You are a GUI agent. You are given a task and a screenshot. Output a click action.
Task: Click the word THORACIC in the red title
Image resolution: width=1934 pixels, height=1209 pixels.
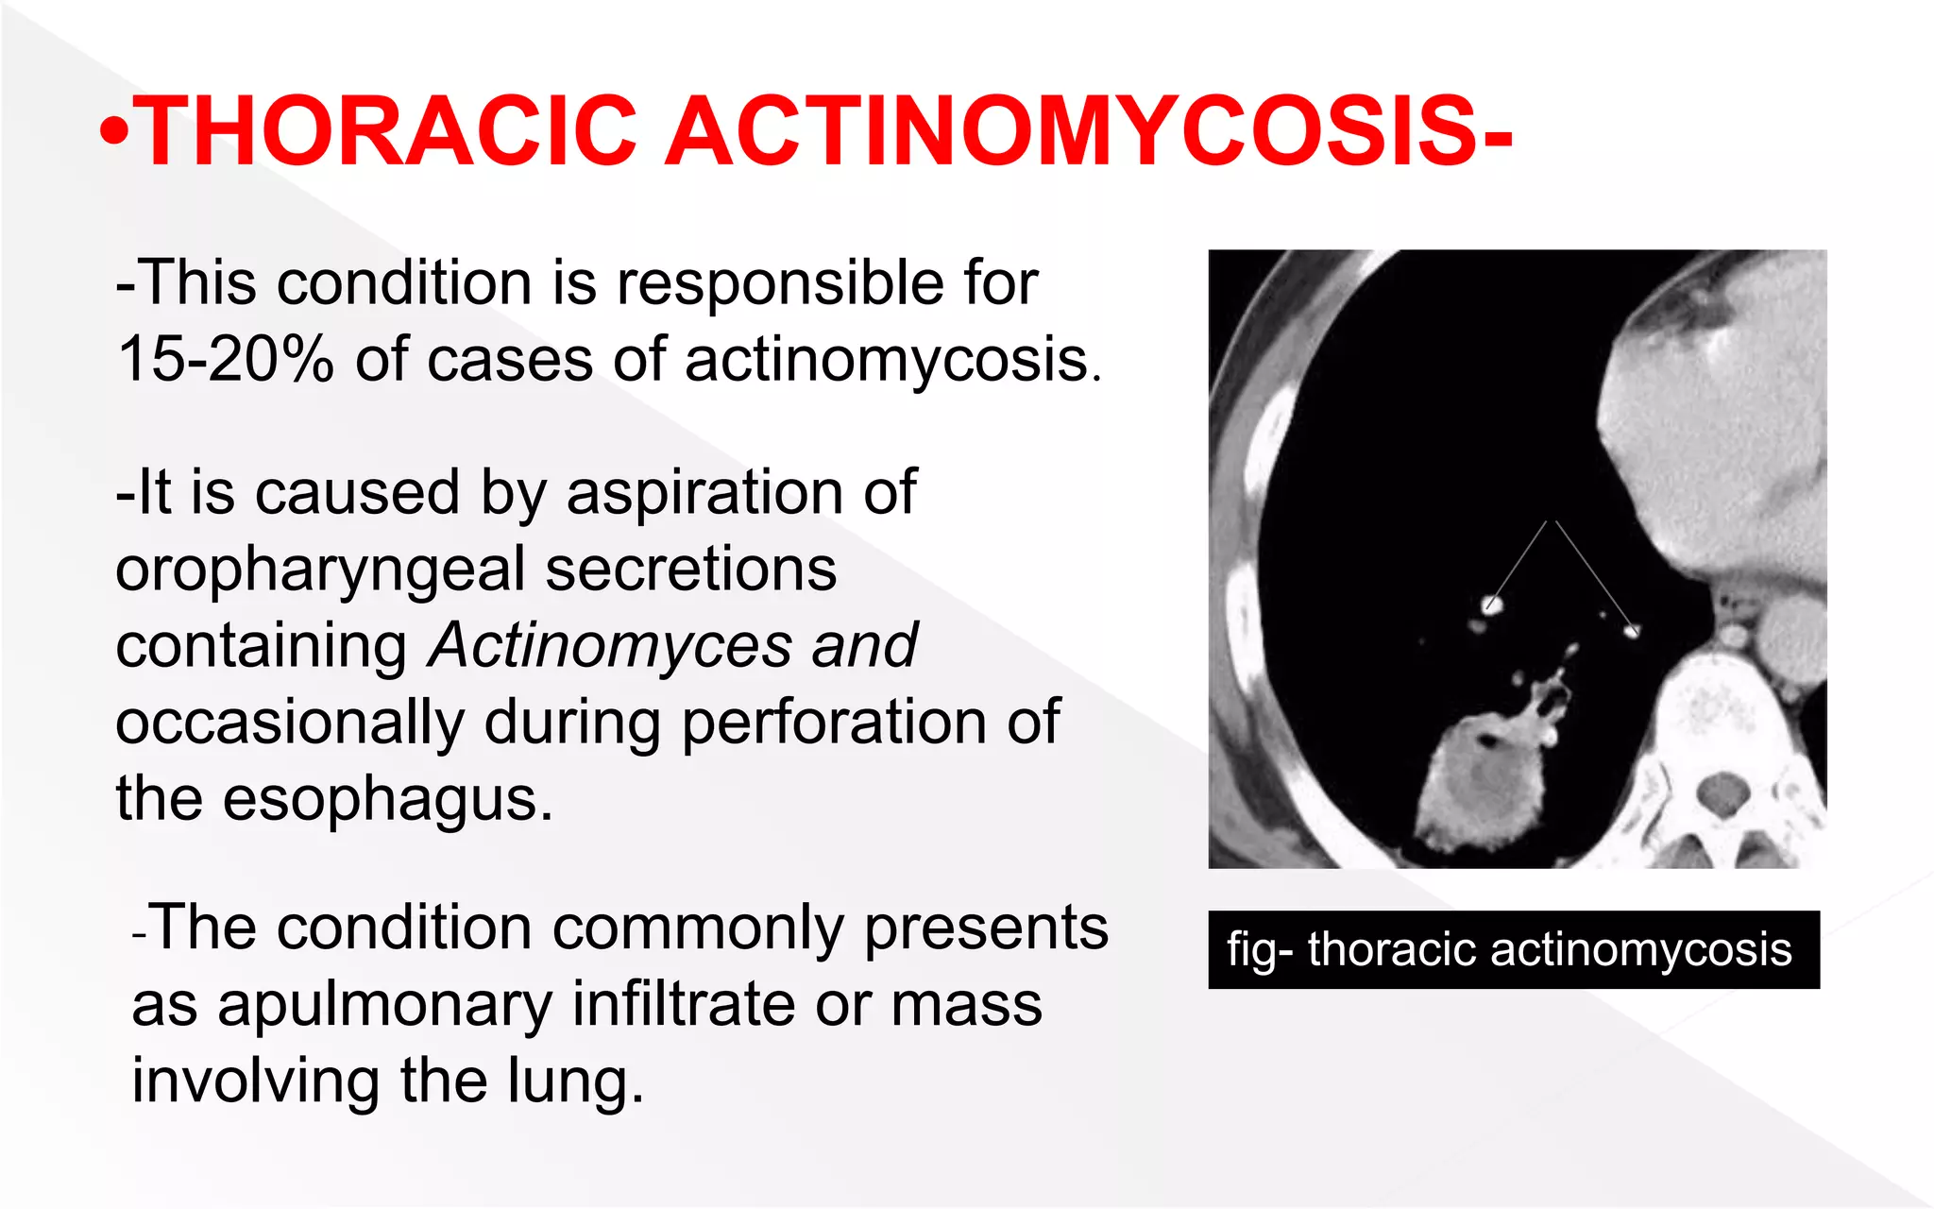pos(387,132)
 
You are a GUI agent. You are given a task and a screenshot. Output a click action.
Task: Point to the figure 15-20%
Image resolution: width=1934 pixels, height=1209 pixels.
pos(225,360)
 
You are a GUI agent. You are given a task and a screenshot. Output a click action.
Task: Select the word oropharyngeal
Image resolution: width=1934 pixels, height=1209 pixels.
pos(320,570)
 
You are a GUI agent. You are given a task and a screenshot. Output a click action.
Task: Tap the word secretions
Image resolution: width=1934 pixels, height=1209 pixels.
pos(690,570)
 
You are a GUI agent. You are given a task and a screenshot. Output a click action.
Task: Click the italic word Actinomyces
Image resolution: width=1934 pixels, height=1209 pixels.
pos(609,646)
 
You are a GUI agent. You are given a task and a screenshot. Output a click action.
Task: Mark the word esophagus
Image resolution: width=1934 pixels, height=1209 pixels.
pos(387,800)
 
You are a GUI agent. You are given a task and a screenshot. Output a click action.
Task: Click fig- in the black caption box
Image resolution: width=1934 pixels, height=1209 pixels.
pos(1260,950)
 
